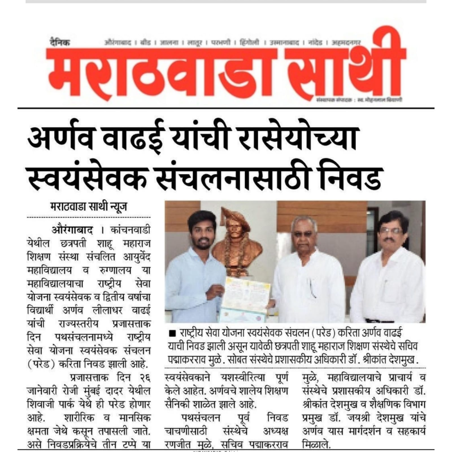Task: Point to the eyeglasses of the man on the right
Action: [391, 231]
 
